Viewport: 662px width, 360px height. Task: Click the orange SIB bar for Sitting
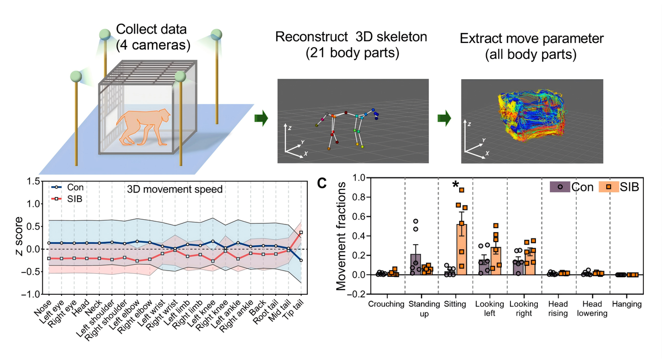(x=462, y=249)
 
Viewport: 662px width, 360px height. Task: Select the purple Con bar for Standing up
(x=415, y=264)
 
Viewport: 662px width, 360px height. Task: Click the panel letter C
(x=322, y=183)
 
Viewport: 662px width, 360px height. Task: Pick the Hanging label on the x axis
(x=626, y=304)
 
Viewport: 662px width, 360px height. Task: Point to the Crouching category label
(x=386, y=304)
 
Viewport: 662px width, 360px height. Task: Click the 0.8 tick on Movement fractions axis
(x=359, y=197)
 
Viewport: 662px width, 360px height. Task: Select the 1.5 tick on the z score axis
(x=34, y=181)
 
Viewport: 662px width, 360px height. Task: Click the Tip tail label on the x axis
(x=293, y=310)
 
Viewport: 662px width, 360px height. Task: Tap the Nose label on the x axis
(x=43, y=308)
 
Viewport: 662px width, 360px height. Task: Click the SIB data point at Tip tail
(x=301, y=233)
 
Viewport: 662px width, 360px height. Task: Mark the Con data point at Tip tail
(x=301, y=260)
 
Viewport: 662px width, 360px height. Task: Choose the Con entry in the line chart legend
(x=67, y=187)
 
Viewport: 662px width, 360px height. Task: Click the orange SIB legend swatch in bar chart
(x=609, y=187)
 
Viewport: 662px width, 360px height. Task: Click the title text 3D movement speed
(x=175, y=189)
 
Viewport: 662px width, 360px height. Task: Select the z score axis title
(x=19, y=236)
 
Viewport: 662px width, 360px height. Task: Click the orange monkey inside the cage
(x=144, y=127)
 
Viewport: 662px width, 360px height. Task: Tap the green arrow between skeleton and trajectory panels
(x=444, y=118)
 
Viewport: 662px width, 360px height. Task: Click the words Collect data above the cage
(x=152, y=29)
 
